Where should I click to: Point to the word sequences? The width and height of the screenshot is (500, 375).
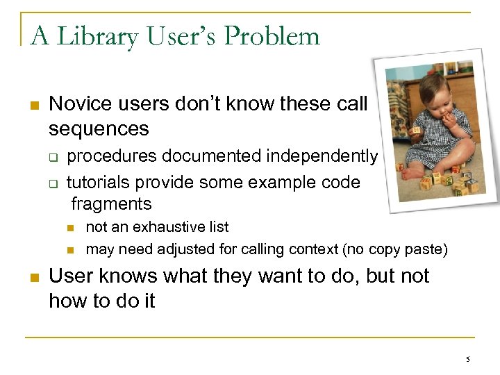point(99,129)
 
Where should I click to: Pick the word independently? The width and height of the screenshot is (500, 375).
point(323,156)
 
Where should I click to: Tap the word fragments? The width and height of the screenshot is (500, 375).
point(111,204)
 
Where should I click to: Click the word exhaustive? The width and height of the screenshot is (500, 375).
point(163,227)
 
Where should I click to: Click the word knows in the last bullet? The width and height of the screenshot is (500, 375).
point(126,276)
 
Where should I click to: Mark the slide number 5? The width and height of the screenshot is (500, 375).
point(467,359)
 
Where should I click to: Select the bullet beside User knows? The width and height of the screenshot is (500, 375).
point(33,278)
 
